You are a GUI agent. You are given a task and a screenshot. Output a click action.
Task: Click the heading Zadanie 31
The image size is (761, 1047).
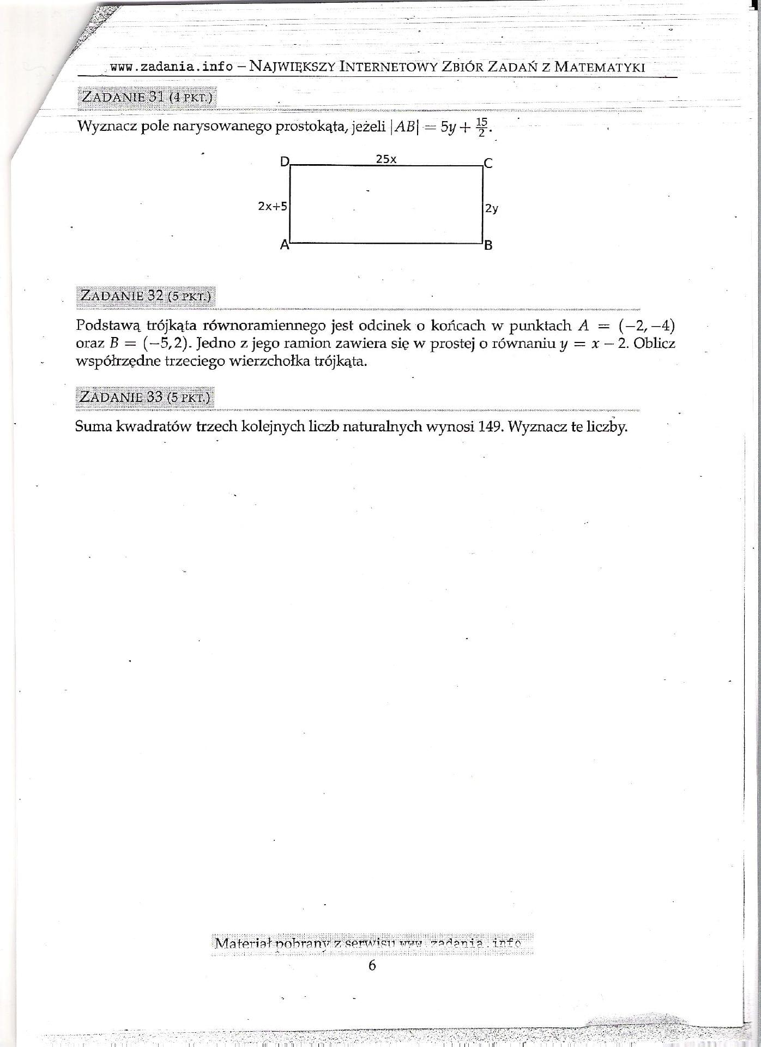147,97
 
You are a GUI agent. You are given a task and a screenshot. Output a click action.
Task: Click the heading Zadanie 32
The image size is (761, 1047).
146,296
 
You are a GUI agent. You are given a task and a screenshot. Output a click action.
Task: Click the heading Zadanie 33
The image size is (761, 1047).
144,396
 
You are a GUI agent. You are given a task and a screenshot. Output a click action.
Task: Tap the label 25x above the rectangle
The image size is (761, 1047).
386,159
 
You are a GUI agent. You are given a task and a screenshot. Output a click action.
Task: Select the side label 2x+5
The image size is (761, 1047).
273,206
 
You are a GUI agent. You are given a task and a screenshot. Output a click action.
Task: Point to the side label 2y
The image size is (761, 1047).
491,208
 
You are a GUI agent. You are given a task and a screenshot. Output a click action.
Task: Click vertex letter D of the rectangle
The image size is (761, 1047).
285,161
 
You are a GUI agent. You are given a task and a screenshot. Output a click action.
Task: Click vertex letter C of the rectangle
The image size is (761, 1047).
488,163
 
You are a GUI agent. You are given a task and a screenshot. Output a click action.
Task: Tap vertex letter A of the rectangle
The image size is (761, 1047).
284,245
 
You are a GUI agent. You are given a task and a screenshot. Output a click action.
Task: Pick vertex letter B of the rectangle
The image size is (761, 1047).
488,245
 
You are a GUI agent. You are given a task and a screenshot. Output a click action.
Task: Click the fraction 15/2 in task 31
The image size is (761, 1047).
482,127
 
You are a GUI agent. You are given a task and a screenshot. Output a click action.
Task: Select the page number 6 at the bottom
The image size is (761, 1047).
372,965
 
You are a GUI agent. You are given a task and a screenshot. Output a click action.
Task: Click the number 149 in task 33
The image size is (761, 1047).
490,426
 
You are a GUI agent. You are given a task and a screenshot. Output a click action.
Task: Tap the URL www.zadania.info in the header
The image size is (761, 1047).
171,67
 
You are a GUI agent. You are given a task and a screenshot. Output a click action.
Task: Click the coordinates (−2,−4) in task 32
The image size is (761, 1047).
647,326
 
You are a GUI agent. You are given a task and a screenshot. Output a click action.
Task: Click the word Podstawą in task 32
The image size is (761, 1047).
108,326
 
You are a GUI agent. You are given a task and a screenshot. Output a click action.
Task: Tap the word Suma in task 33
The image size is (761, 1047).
93,426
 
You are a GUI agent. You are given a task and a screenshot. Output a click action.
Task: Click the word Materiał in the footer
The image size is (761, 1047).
243,943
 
